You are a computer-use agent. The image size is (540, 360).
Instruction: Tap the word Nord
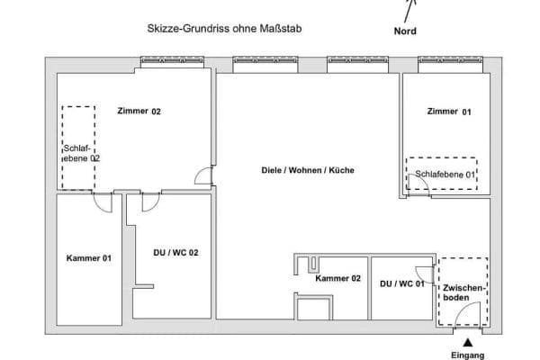tap(405, 31)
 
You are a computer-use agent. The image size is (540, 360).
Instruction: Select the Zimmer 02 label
tap(139, 112)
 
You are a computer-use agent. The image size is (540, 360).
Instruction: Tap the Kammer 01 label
tap(89, 258)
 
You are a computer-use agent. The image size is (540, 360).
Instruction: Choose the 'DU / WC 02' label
tap(175, 253)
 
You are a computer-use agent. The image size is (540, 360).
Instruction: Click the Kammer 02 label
tap(337, 278)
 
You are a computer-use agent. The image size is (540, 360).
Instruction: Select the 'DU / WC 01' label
tap(401, 283)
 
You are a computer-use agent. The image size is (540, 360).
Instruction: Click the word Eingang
tap(467, 355)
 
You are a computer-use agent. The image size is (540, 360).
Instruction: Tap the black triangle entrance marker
tap(467, 342)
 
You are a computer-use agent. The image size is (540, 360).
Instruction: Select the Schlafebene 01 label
tap(445, 174)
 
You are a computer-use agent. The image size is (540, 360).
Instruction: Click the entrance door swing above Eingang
tap(467, 317)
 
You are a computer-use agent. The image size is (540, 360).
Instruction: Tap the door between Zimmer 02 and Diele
tap(207, 177)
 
